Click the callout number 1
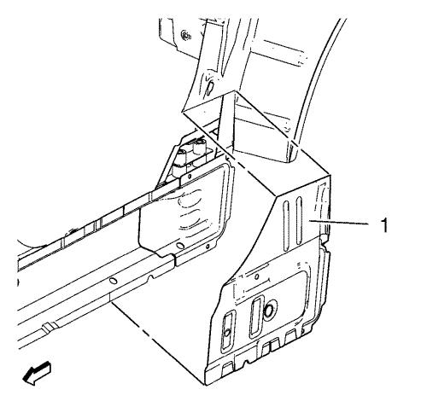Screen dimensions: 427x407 (384, 225)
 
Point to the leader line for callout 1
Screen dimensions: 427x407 (339, 222)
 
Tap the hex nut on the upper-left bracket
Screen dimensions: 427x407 (186, 35)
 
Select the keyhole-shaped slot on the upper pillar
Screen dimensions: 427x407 (210, 89)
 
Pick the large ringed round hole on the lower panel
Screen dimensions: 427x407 (269, 311)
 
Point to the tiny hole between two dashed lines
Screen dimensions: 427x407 (256, 276)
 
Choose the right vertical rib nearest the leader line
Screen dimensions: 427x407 (299, 221)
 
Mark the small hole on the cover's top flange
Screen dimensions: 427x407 (189, 177)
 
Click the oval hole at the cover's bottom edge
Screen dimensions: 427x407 (180, 246)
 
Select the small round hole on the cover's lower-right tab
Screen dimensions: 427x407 (208, 246)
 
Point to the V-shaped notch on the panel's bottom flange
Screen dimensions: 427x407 (247, 362)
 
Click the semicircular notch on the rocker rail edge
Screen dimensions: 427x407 (151, 277)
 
